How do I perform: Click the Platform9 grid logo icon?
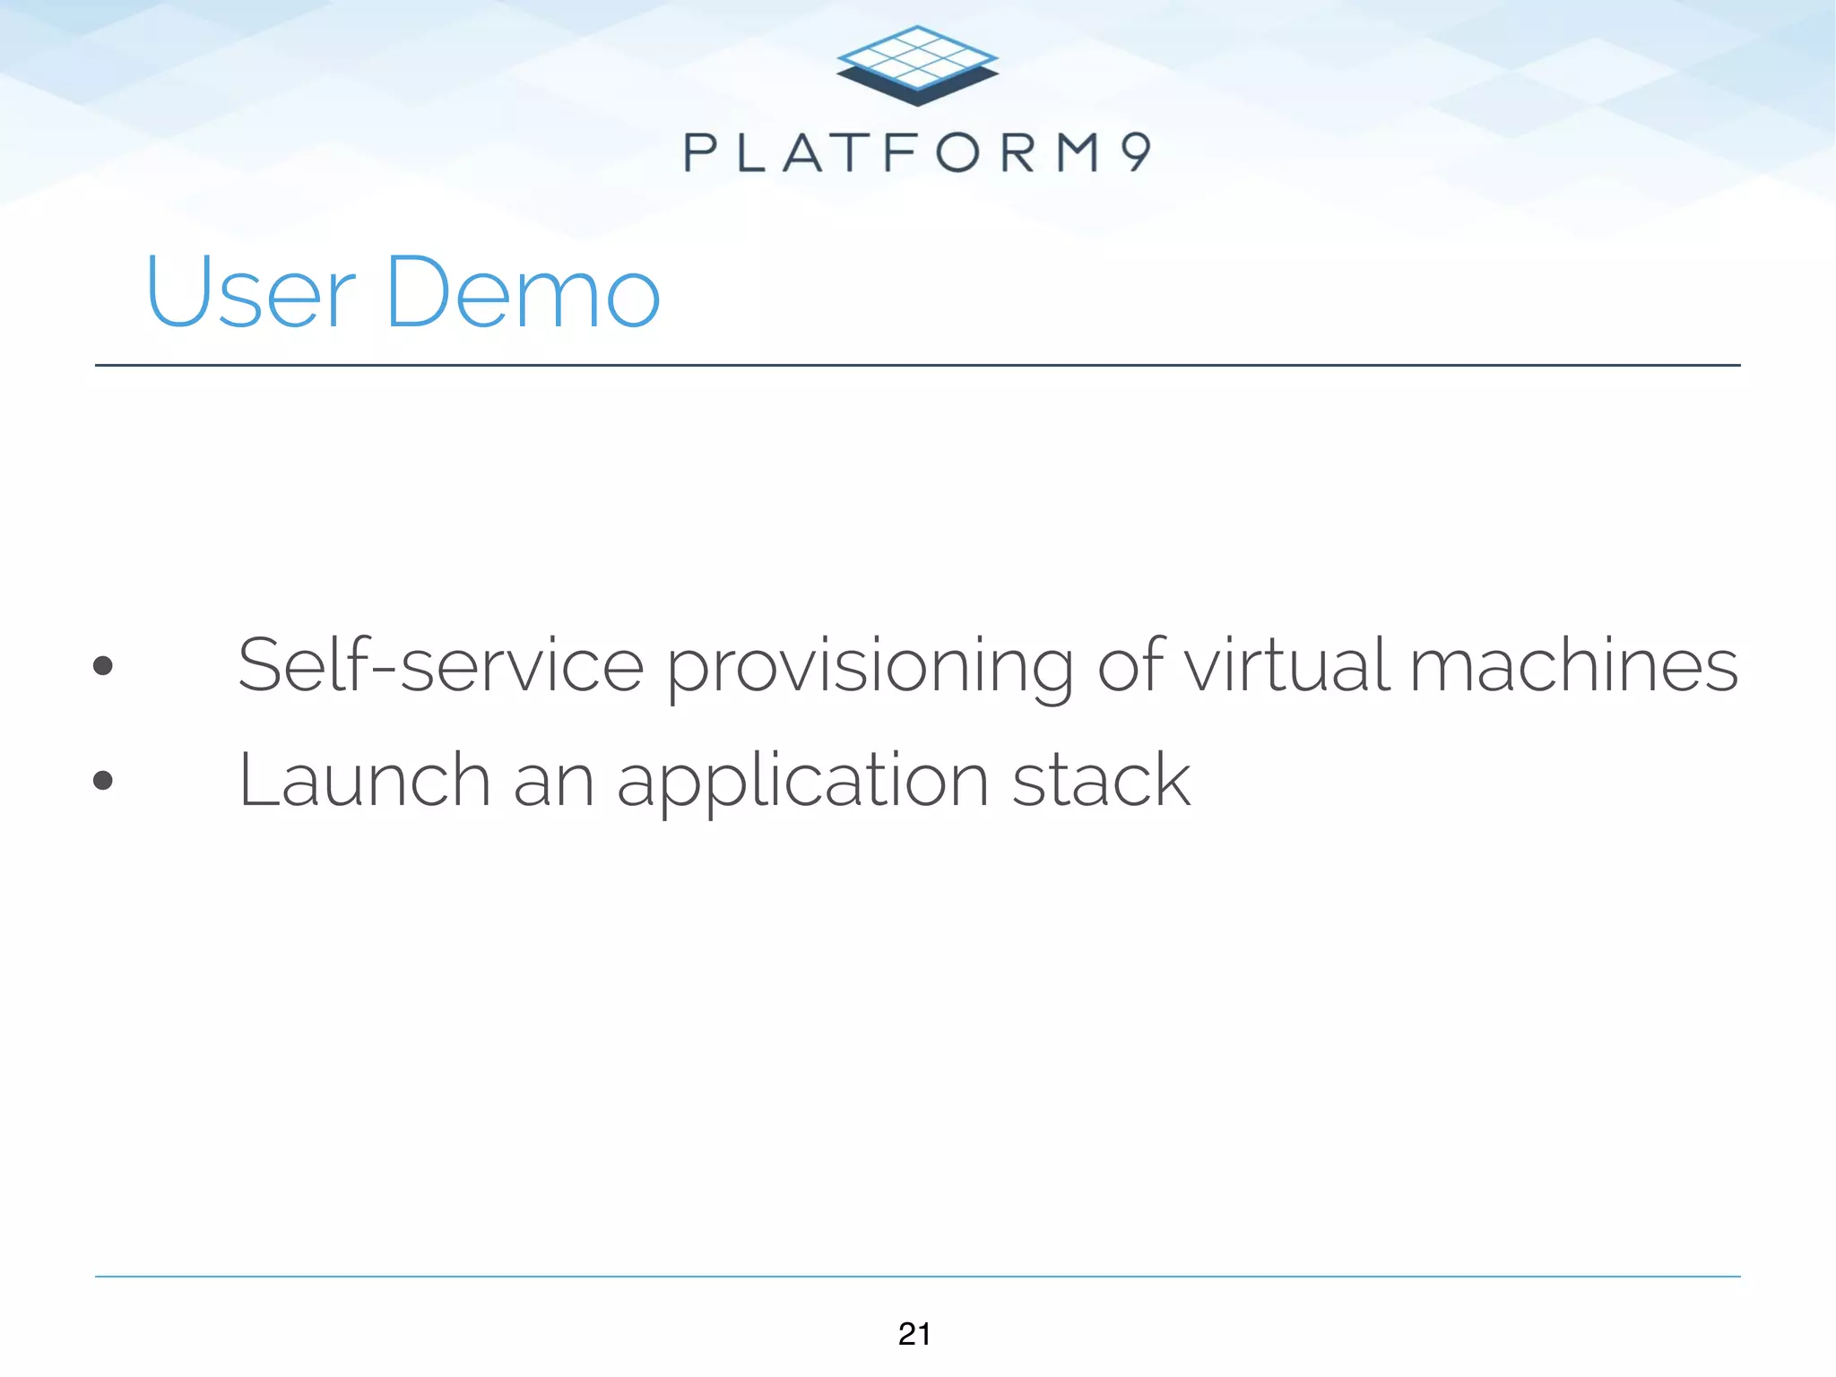click(x=917, y=65)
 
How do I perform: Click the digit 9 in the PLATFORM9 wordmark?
click(x=1136, y=152)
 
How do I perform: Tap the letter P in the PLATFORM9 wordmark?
click(x=700, y=152)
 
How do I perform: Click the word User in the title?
click(x=250, y=292)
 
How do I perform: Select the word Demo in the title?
click(x=523, y=292)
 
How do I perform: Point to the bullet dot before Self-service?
click(x=103, y=665)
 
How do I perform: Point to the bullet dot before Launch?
click(x=103, y=780)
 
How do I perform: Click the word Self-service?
click(x=440, y=665)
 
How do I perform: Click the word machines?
click(x=1573, y=665)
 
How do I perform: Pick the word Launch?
click(x=364, y=780)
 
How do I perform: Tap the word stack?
click(x=1101, y=780)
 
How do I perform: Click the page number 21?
click(x=914, y=1334)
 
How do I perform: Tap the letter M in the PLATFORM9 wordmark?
click(x=1077, y=152)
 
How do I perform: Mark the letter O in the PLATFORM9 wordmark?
click(x=957, y=152)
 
